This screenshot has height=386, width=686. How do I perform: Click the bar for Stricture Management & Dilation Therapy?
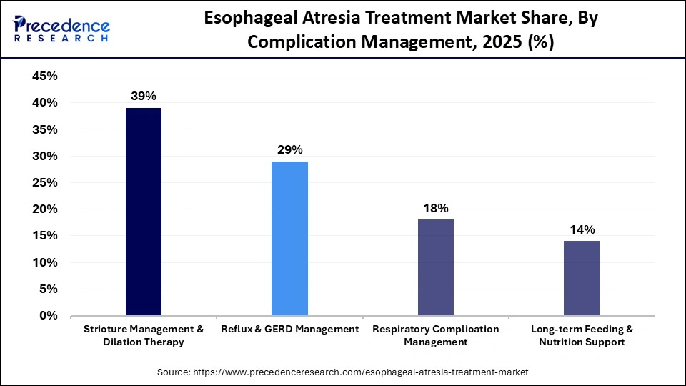click(x=144, y=212)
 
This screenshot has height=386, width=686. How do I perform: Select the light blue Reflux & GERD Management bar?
click(x=289, y=238)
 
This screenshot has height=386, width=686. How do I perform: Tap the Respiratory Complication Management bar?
click(x=435, y=267)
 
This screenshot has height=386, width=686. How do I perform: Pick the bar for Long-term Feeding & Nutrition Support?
click(x=582, y=278)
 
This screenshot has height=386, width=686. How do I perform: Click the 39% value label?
click(x=144, y=96)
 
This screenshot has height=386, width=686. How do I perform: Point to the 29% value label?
click(x=289, y=149)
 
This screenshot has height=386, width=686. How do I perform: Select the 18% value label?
click(x=435, y=208)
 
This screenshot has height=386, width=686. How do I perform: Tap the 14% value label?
click(x=582, y=229)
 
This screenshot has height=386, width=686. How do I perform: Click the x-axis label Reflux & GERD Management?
click(x=289, y=330)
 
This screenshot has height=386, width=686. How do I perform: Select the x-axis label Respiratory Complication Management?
click(x=435, y=335)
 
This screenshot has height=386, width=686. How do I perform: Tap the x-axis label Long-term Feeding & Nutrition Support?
click(x=582, y=335)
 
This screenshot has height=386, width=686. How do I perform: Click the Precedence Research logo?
click(x=61, y=29)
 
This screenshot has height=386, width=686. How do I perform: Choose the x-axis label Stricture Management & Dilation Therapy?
click(x=144, y=335)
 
